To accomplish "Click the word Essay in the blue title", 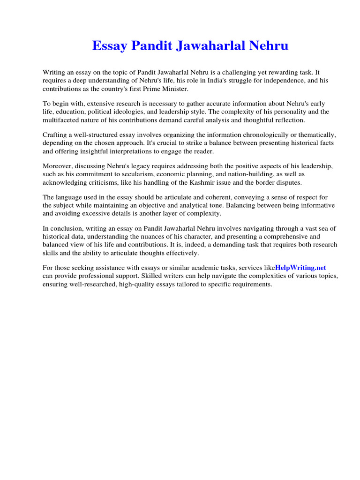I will pyautogui.click(x=110, y=46).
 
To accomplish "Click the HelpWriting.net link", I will pyautogui.click(x=300, y=267).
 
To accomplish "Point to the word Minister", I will pyautogui.click(x=172, y=89).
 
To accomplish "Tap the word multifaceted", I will pyautogui.click(x=63, y=120).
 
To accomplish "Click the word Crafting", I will pyautogui.click(x=56, y=135).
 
